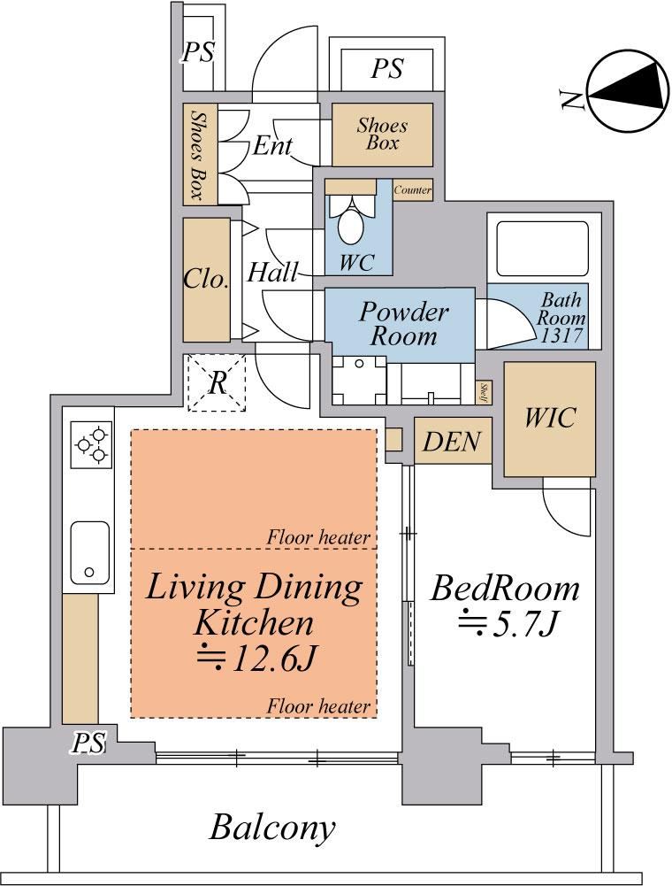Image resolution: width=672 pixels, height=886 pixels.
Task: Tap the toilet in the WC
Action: point(351,220)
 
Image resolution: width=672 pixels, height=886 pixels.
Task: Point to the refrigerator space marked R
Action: point(218,382)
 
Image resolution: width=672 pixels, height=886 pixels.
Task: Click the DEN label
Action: point(452,442)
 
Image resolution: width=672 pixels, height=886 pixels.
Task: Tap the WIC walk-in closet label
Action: point(549,417)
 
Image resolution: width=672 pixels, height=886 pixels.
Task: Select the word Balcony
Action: point(272,828)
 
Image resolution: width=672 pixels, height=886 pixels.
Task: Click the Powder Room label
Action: point(404,323)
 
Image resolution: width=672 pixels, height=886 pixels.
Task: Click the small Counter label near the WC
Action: point(413,189)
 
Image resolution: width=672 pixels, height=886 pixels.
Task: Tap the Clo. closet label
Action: point(206,279)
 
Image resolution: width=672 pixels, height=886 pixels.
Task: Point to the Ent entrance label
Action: point(272,145)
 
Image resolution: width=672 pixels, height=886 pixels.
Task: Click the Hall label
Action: point(272,273)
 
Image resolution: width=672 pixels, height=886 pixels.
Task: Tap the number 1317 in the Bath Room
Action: point(561,335)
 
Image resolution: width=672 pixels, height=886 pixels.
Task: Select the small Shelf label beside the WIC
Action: point(484,392)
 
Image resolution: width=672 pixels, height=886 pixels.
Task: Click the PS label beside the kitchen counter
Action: point(88,743)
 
